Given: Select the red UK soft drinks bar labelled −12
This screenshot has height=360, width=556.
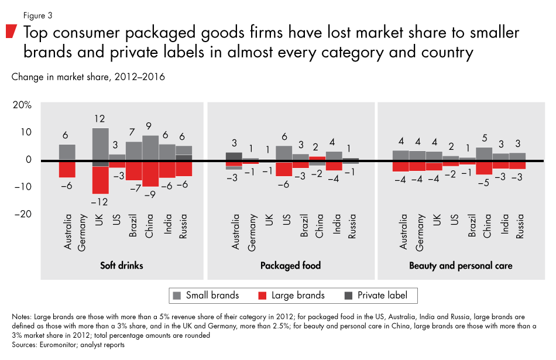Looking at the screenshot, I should [100, 180].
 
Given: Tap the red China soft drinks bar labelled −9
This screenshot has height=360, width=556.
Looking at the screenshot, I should [150, 174].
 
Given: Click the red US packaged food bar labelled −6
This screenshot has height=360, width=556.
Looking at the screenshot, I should [284, 169].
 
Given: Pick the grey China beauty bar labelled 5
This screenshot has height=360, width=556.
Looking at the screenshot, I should [484, 153].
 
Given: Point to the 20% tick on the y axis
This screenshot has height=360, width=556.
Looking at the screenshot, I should [23, 105].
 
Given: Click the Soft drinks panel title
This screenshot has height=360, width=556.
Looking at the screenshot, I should [121, 266].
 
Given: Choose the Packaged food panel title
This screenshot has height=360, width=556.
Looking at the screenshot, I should [291, 266].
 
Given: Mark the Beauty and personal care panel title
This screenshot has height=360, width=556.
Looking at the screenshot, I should [461, 266].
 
